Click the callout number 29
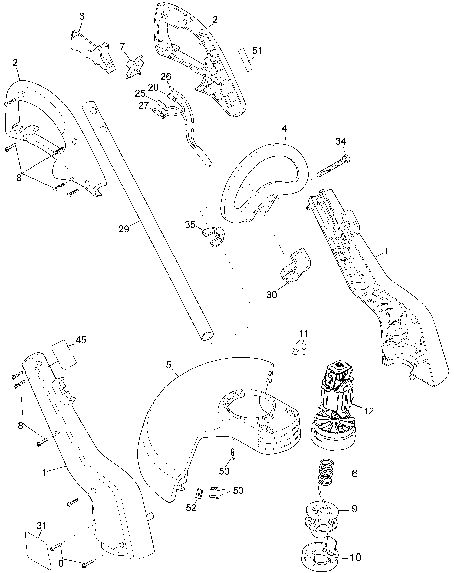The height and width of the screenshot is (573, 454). (124, 229)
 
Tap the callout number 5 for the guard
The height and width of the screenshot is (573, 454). (169, 365)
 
